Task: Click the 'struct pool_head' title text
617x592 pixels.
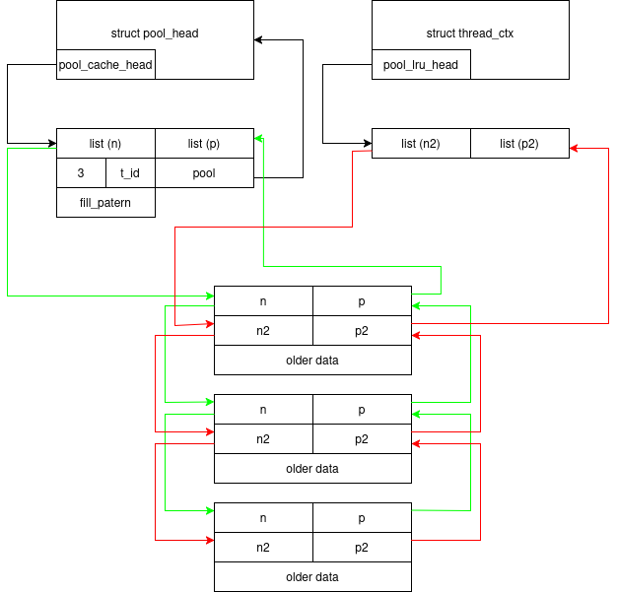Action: [155, 33]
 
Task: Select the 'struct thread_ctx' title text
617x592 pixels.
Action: [470, 33]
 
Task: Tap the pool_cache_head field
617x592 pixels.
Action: [105, 64]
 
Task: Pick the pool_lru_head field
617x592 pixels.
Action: [421, 64]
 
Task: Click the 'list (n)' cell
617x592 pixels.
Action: [105, 143]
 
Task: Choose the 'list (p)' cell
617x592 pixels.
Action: [205, 143]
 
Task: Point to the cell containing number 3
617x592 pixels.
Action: [81, 173]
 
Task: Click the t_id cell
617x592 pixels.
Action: [131, 173]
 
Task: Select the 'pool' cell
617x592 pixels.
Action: [205, 173]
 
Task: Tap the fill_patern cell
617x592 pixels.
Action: [105, 202]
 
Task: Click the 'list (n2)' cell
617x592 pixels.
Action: [421, 143]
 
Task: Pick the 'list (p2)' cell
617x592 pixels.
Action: [519, 143]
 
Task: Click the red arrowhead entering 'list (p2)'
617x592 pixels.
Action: [574, 149]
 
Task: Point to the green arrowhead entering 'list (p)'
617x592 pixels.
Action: [258, 138]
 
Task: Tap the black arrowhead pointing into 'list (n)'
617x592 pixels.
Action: [52, 143]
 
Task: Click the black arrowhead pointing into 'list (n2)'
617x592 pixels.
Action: [368, 143]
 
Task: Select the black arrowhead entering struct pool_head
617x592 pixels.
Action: [258, 39]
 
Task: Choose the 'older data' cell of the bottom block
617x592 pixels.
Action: [312, 576]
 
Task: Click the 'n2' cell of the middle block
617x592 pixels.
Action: [263, 439]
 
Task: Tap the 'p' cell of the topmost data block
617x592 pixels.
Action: [362, 300]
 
